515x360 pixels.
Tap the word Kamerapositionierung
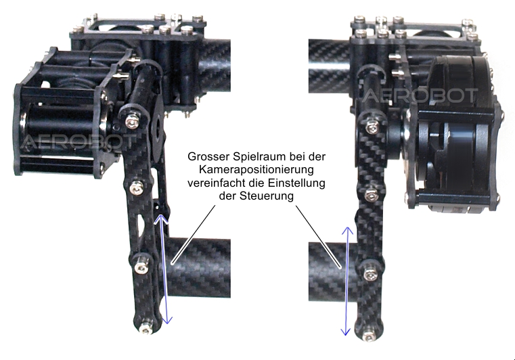pos(256,170)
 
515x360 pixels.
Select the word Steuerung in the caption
pos(267,196)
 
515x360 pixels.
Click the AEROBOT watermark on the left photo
pos(79,141)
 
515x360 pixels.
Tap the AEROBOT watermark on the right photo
pos(420,95)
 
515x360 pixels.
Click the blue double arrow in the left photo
pos(163,269)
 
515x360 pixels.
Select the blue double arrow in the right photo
pos(346,282)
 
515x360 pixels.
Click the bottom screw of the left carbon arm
pos(144,328)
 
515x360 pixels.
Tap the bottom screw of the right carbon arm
pos(370,336)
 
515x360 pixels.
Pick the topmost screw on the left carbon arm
pos(132,123)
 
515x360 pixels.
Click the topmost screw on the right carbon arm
pos(371,126)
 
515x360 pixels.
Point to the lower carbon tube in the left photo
pos(197,269)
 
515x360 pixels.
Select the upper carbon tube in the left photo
pos(214,66)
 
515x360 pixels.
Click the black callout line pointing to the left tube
pos(194,235)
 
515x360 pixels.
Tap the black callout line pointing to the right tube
pos(319,237)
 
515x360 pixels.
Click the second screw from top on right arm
pos(370,196)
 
